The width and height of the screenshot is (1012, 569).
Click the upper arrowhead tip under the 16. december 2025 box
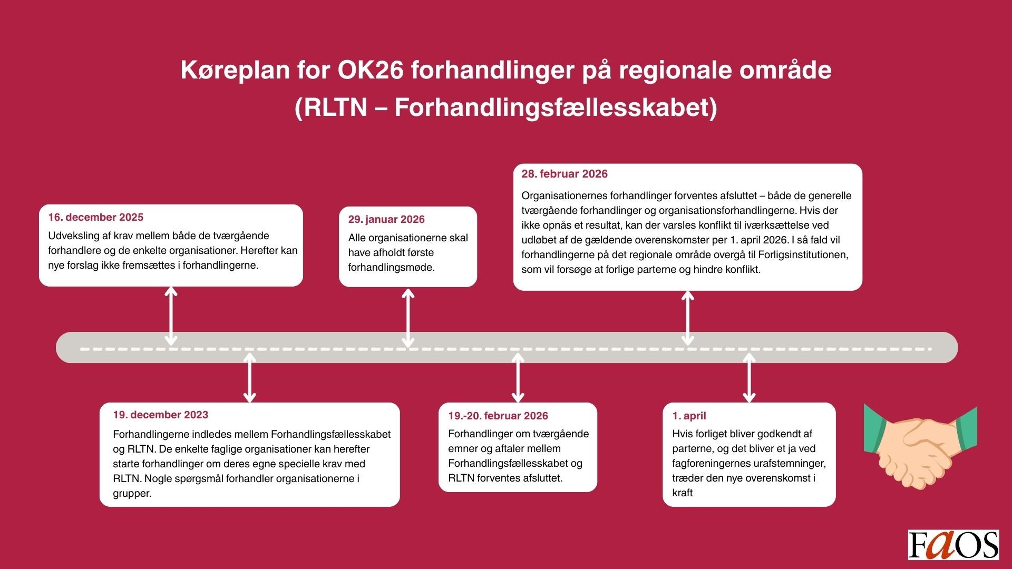coord(171,288)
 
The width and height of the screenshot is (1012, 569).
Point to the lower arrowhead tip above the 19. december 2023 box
coord(250,402)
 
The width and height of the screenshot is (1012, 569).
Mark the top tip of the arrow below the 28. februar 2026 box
coord(687,291)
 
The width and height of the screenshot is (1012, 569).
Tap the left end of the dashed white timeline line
coord(81,349)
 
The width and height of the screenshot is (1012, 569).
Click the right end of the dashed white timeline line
coord(931,349)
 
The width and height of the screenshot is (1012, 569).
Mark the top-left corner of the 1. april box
coord(663,403)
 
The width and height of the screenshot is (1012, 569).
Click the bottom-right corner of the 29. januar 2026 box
coord(477,287)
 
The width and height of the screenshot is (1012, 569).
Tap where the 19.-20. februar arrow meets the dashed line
coord(518,349)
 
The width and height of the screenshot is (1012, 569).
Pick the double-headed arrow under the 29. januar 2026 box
coord(408,318)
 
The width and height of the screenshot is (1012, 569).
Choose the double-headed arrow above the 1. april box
coord(749,378)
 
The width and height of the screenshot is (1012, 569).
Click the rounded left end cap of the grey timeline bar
coord(63,348)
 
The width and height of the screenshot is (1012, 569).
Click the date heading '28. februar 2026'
coord(565,174)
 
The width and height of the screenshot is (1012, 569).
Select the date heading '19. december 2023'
coord(160,415)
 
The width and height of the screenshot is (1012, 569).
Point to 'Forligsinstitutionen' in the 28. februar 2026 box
coord(803,255)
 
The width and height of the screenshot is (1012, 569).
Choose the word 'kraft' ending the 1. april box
coord(683,493)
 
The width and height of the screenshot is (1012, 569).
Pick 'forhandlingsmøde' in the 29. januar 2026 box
coord(392,268)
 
